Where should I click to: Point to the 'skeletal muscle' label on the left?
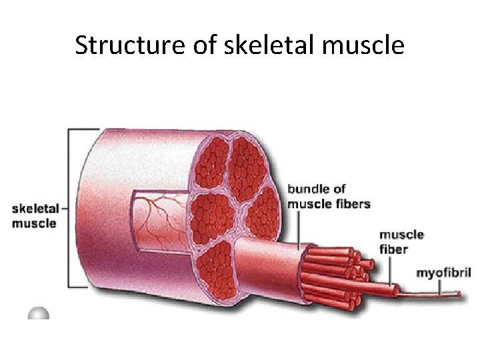pos(34,216)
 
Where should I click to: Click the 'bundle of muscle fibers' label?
pos(328,197)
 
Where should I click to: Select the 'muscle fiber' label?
pos(401,241)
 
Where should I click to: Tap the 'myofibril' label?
pos(443,273)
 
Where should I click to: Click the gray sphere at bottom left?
pos(39,313)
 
